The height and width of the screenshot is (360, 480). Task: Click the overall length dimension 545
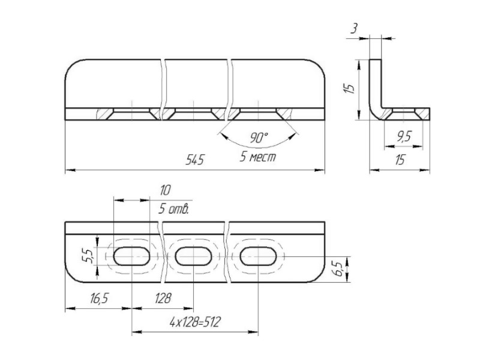[194, 160]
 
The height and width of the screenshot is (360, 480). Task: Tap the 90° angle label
[259, 138]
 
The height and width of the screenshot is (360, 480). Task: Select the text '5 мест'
[258, 157]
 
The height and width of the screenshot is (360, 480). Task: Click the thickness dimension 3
[353, 29]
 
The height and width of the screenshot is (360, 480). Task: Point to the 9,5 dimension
[404, 137]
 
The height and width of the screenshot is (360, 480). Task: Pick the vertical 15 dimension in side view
[349, 88]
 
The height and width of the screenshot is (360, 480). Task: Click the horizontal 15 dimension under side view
[400, 160]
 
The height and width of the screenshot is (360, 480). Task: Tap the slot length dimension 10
[164, 190]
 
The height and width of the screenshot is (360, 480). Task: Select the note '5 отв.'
[173, 209]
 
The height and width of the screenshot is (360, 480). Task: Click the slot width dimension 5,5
[87, 256]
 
